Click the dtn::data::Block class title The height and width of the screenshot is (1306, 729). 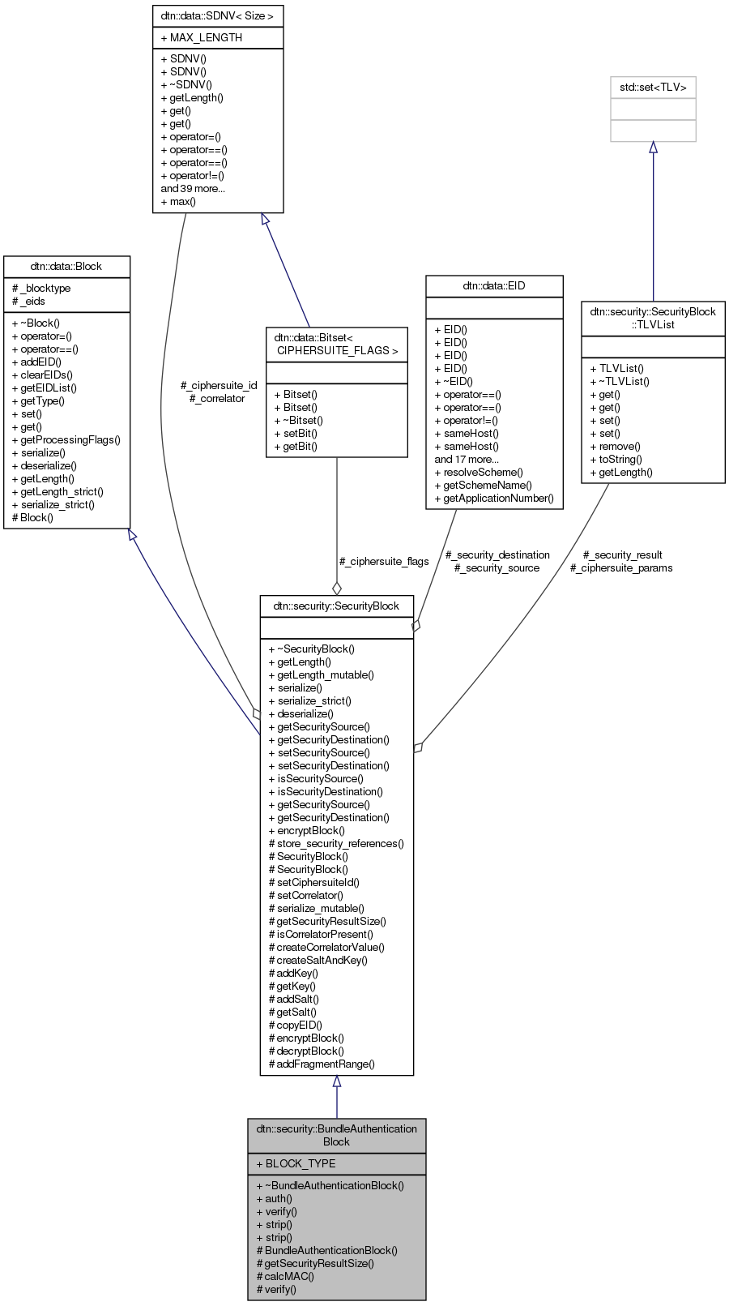(x=66, y=266)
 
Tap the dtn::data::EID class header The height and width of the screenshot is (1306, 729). (x=494, y=285)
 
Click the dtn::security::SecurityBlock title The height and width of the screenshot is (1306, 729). (x=336, y=606)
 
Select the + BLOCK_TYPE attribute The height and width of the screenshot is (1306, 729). (x=296, y=1163)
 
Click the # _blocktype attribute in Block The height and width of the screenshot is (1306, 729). (x=41, y=288)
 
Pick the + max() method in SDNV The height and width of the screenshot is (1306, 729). (x=178, y=201)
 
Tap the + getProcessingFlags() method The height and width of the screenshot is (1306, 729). (x=66, y=439)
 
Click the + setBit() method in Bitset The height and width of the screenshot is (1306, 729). (x=296, y=433)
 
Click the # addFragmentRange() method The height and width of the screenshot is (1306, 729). (x=322, y=1064)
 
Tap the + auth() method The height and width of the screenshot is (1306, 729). (x=274, y=1198)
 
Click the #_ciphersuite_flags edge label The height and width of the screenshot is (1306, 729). (x=384, y=561)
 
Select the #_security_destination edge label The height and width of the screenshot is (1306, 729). (x=497, y=555)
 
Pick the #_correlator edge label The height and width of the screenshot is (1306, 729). (x=217, y=398)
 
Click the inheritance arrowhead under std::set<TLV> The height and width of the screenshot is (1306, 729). (x=653, y=148)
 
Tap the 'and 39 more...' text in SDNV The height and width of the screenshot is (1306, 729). (x=193, y=188)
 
